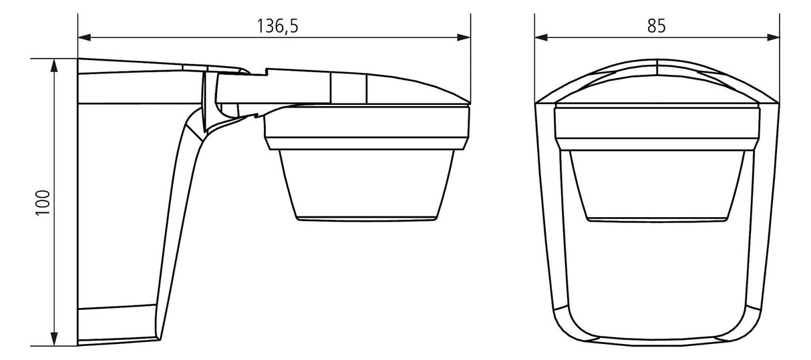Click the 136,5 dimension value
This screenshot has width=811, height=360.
point(277,26)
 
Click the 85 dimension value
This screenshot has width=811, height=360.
point(657,26)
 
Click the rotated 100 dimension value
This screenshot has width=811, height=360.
point(43,202)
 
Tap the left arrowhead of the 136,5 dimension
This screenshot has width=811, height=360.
point(84,37)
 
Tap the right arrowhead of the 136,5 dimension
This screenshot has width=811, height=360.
point(464,37)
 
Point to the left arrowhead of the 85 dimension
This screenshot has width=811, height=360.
point(541,37)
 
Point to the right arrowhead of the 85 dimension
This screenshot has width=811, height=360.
point(774,37)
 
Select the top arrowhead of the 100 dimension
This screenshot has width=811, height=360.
point(54,65)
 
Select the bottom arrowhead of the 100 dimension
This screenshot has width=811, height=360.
point(54,339)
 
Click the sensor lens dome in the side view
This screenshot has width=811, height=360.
point(367,184)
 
